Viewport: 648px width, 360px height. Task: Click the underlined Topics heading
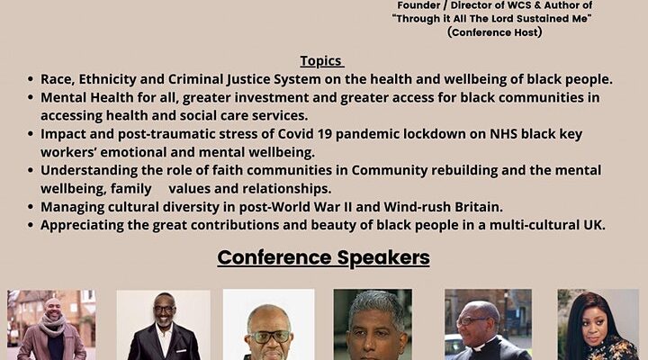click(322, 61)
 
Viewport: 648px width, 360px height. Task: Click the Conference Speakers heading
click(324, 257)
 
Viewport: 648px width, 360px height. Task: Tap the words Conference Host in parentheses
click(494, 32)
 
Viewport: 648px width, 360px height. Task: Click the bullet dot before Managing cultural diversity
click(31, 207)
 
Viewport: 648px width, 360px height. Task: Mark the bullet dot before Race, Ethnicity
click(31, 79)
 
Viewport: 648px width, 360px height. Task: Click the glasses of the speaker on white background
click(269, 337)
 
